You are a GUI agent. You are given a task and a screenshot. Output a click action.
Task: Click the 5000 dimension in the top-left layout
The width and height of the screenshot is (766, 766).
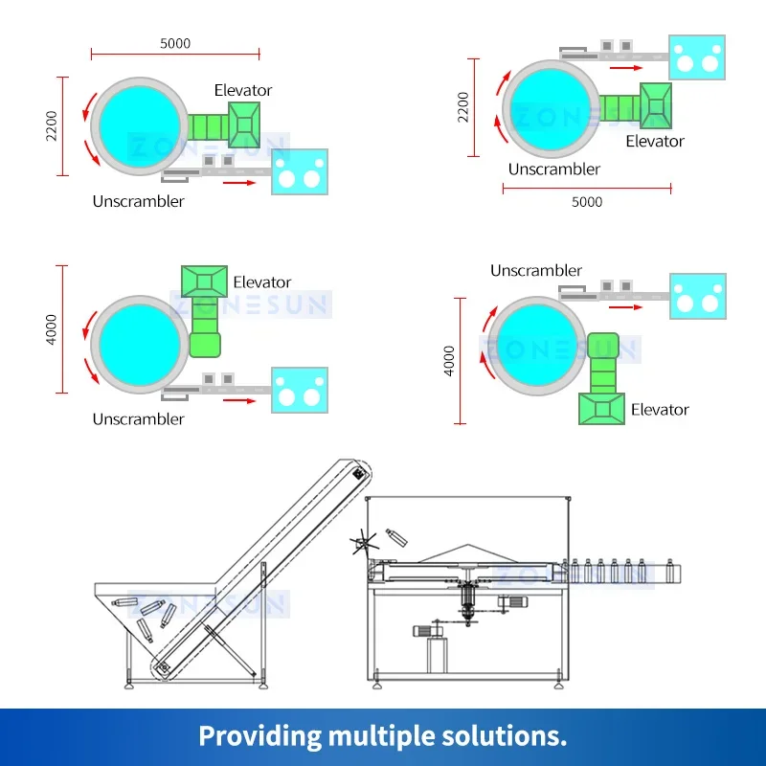[x=175, y=43]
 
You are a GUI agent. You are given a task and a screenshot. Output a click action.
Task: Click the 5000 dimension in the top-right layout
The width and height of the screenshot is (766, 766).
[x=587, y=201]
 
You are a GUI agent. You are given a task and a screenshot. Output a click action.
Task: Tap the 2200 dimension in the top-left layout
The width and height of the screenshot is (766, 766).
[x=52, y=126]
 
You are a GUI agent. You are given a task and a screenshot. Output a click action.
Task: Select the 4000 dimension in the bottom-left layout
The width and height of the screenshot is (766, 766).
[x=52, y=328]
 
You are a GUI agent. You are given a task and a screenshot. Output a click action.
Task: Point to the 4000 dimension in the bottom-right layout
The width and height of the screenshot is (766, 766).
[x=449, y=361]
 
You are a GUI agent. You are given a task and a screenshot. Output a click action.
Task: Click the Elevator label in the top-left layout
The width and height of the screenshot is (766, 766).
[x=243, y=90]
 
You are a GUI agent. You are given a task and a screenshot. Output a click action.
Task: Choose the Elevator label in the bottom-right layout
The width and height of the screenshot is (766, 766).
[x=660, y=409]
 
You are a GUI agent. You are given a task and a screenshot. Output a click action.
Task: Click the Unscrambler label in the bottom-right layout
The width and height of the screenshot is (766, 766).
[x=536, y=271]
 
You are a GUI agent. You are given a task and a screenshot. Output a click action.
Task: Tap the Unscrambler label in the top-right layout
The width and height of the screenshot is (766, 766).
[x=554, y=169]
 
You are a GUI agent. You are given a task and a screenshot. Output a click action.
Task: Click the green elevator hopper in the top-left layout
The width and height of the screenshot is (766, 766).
[x=244, y=124]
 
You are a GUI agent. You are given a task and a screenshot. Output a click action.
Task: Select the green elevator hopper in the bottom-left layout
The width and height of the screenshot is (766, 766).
[x=204, y=281]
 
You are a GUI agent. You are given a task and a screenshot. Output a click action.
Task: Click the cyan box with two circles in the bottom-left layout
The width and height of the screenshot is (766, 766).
[x=300, y=391]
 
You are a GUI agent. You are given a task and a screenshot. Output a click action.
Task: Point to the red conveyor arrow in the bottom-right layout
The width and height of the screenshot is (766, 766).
[x=625, y=308]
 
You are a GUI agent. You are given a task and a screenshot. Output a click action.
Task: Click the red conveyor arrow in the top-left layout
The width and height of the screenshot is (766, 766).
[x=239, y=182]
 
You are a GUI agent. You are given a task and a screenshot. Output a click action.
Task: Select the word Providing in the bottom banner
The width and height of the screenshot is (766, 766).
[x=259, y=735]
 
